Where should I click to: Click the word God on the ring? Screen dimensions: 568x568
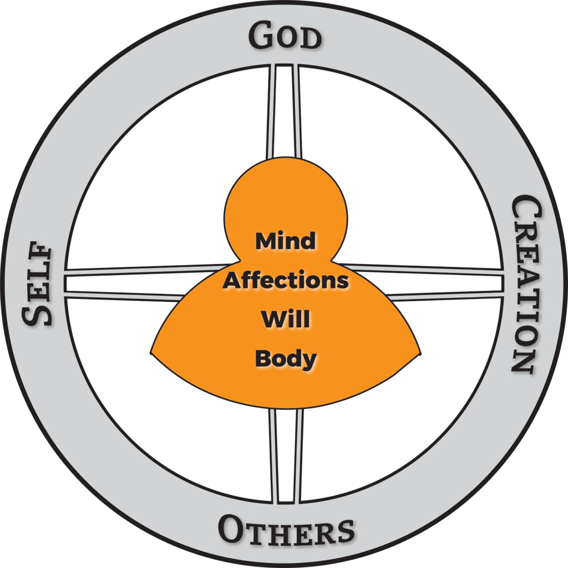click(285, 37)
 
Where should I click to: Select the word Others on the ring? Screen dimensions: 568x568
click(286, 529)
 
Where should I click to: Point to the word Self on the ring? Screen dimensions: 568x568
click(38, 284)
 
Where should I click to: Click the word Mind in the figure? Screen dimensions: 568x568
click(286, 241)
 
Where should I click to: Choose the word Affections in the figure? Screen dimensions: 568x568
click(286, 281)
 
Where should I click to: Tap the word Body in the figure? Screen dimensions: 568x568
click(286, 358)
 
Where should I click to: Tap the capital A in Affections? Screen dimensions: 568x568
click(232, 281)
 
